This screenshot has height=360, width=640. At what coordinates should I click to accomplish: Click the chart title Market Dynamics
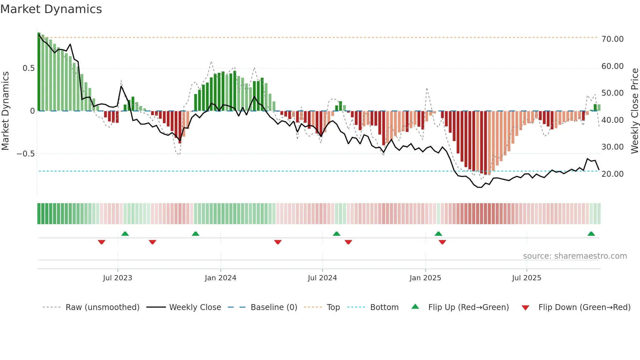pyautogui.click(x=51, y=9)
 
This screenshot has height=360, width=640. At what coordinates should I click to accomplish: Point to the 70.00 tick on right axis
pyautogui.click(x=612, y=39)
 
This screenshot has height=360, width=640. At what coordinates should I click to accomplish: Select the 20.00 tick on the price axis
pyautogui.click(x=612, y=174)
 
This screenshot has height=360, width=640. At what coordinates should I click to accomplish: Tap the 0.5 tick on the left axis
pyautogui.click(x=28, y=68)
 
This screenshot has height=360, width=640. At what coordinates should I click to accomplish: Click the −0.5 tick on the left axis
pyautogui.click(x=26, y=154)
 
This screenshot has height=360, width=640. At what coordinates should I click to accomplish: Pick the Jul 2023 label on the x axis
pyautogui.click(x=118, y=278)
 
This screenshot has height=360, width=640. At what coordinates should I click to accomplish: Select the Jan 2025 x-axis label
pyautogui.click(x=425, y=278)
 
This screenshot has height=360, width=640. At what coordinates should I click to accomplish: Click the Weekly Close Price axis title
pyautogui.click(x=634, y=111)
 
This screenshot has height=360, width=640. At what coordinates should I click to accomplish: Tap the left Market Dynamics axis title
pyautogui.click(x=5, y=111)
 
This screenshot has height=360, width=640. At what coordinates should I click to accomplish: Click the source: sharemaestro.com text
pyautogui.click(x=575, y=256)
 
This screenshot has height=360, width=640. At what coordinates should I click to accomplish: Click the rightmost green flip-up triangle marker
pyautogui.click(x=591, y=234)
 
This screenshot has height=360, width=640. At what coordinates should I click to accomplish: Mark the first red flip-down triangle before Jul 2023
pyautogui.click(x=102, y=242)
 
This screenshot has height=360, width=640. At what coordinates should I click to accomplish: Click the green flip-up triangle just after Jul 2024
pyautogui.click(x=337, y=234)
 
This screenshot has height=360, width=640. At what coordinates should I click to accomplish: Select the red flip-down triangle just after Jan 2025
pyautogui.click(x=442, y=242)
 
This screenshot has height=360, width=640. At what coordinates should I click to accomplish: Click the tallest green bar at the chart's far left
pyautogui.click(x=39, y=72)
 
